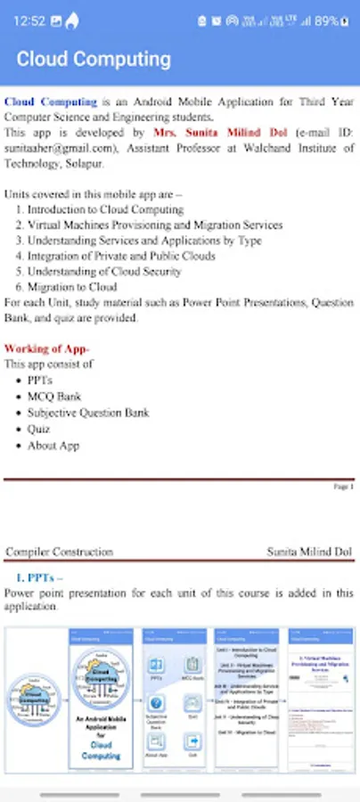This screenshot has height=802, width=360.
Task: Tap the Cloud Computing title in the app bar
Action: (x=94, y=60)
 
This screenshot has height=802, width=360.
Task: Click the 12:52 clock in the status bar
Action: (x=29, y=20)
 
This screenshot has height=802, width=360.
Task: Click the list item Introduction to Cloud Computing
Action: (x=105, y=209)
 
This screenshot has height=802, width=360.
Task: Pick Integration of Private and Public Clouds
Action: (x=120, y=256)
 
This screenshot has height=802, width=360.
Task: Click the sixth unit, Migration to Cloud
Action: (x=72, y=287)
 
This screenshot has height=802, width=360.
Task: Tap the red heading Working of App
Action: (x=46, y=348)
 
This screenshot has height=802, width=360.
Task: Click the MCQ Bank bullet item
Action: (x=54, y=397)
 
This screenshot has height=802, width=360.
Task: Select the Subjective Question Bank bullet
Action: (x=88, y=413)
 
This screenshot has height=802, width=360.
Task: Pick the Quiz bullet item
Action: (x=39, y=429)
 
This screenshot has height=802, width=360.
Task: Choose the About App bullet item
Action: (x=53, y=445)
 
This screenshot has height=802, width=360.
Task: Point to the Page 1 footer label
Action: (x=343, y=487)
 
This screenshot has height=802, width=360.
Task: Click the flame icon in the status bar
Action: (x=72, y=20)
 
